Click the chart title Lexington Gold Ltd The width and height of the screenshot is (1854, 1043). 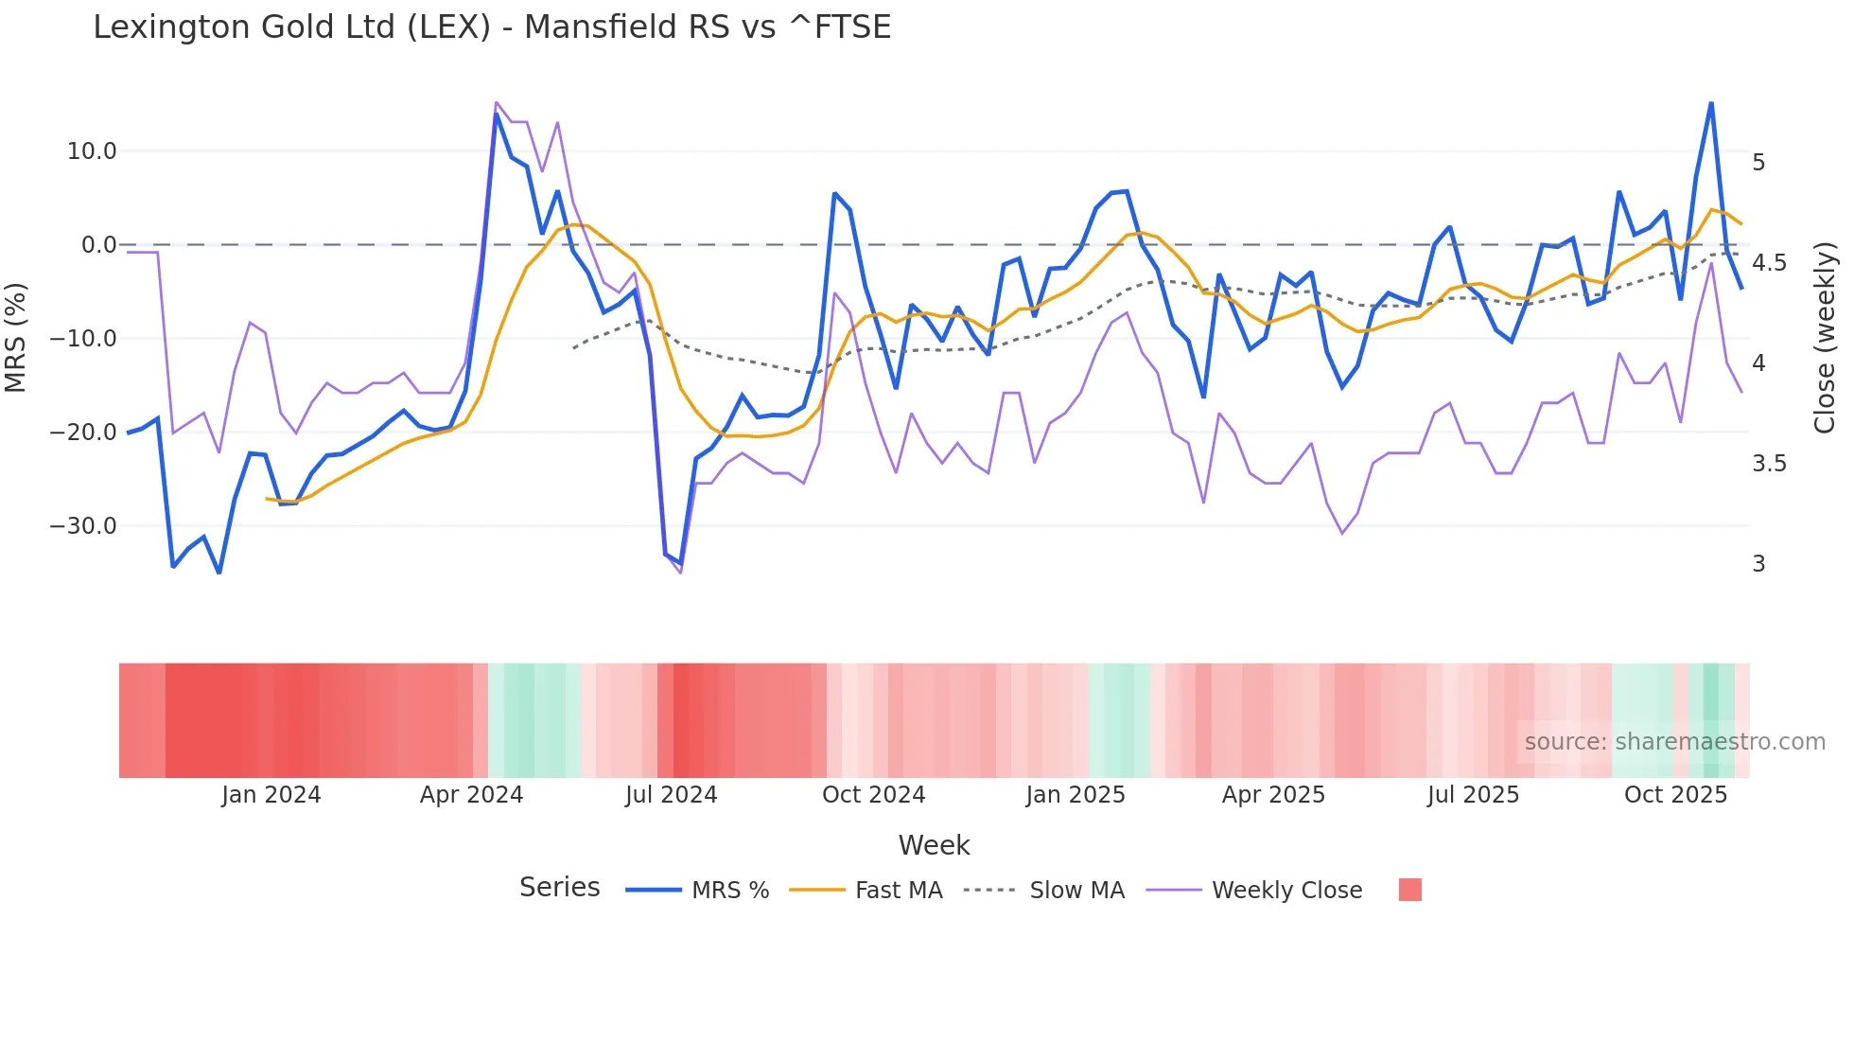492,27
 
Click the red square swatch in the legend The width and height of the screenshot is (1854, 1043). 1409,890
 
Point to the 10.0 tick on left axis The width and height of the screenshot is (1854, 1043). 92,151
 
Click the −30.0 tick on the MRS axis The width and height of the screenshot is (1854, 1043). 83,526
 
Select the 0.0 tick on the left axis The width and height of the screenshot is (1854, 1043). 98,245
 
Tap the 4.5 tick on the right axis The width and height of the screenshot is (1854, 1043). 1769,263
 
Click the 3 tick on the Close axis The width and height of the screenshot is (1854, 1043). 1758,564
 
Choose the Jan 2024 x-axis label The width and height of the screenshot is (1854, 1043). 271,795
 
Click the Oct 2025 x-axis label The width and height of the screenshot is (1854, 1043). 1675,795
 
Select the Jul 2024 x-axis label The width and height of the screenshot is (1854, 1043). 671,795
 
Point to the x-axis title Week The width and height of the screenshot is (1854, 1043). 934,845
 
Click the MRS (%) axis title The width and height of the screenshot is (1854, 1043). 16,338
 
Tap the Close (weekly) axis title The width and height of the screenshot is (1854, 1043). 1825,338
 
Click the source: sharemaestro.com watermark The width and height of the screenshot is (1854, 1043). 1674,742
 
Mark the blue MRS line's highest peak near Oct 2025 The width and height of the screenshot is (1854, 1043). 1711,103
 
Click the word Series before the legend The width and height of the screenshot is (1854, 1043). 559,888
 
